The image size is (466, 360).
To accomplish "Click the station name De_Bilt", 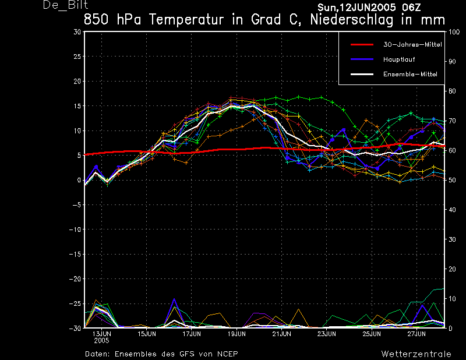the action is pyautogui.click(x=66, y=5).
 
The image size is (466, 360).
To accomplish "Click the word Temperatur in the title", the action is pyautogui.click(x=186, y=20).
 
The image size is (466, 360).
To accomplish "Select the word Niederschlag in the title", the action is pyautogui.click(x=352, y=20).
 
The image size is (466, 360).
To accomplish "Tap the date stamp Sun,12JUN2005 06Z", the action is pyautogui.click(x=369, y=7).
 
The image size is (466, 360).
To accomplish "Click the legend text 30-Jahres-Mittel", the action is pyautogui.click(x=412, y=45).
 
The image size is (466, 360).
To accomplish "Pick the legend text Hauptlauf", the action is pyautogui.click(x=399, y=59).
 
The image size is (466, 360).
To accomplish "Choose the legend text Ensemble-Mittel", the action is pyautogui.click(x=410, y=74).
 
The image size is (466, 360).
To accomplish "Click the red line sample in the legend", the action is pyautogui.click(x=362, y=45).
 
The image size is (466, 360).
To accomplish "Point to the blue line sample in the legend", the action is pyautogui.click(x=362, y=59).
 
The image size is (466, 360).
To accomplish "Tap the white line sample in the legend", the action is pyautogui.click(x=362, y=74).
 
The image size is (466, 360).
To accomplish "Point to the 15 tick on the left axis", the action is pyautogui.click(x=77, y=106).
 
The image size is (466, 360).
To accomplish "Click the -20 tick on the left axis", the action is pyautogui.click(x=75, y=279).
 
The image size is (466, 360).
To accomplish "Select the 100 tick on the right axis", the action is pyautogui.click(x=454, y=32).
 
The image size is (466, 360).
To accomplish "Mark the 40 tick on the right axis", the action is pyautogui.click(x=452, y=210).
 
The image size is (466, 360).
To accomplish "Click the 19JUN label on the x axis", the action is pyautogui.click(x=236, y=334).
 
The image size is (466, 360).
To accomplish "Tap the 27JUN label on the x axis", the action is pyautogui.click(x=416, y=334).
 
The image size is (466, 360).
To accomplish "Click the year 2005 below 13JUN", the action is pyautogui.click(x=101, y=341).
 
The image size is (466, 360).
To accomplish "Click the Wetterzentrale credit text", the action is pyautogui.click(x=416, y=354).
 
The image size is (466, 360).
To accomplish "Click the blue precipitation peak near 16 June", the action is pyautogui.click(x=174, y=299).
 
